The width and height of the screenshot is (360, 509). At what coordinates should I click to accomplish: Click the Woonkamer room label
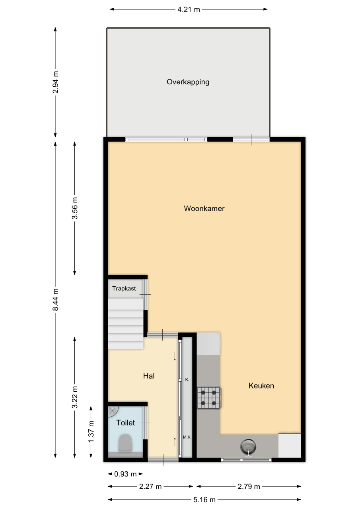click(204, 208)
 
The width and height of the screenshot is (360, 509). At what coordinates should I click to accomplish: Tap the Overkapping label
click(188, 82)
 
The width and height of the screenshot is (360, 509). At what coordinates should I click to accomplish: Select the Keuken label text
click(261, 386)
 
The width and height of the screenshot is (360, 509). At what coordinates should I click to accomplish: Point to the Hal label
click(149, 376)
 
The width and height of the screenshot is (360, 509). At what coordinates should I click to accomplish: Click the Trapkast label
click(124, 289)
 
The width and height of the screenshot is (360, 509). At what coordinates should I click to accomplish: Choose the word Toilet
click(125, 423)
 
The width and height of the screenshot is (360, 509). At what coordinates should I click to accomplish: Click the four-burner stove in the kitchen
click(208, 398)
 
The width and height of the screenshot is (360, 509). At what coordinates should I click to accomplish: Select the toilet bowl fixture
click(125, 443)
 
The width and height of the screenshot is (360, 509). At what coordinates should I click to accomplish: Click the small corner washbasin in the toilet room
click(112, 411)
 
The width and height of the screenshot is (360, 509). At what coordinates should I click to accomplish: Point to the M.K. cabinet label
click(187, 437)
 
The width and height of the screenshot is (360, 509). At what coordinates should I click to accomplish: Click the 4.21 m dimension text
click(189, 10)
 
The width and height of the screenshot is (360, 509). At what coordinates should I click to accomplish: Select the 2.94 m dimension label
click(55, 82)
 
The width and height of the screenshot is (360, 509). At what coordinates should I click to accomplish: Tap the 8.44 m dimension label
click(55, 299)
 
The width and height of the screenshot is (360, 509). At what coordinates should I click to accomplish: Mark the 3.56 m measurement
click(75, 208)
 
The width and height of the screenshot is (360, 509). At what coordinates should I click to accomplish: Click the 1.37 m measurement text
click(91, 431)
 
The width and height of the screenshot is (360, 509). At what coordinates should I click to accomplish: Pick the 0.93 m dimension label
click(125, 474)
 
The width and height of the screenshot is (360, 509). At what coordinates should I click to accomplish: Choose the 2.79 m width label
click(249, 486)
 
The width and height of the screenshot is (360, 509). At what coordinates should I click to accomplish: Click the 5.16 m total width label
click(204, 500)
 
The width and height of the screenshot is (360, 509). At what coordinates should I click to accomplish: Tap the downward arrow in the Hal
click(175, 356)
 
